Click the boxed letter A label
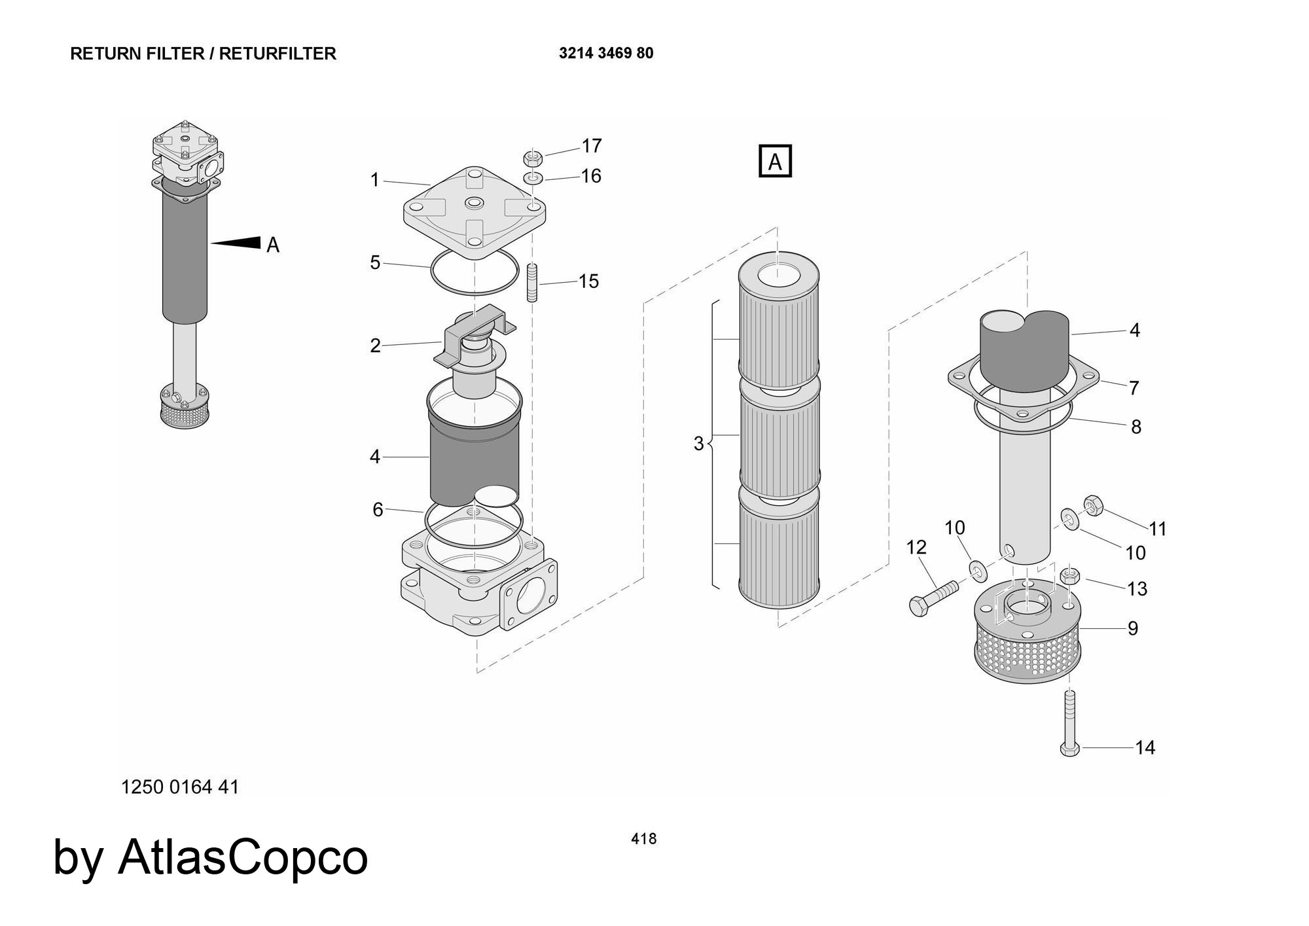pos(775,161)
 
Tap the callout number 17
pos(591,146)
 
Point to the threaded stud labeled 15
pos(532,283)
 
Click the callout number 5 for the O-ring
pos(375,262)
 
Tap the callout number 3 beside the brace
pos(698,444)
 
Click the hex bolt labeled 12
pos(933,597)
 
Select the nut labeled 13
pos(1070,576)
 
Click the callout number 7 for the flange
pos(1134,387)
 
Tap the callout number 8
pos(1136,427)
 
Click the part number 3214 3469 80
pos(605,53)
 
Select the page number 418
pos(643,838)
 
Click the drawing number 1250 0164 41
pos(180,787)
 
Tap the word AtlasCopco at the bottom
pos(242,857)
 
